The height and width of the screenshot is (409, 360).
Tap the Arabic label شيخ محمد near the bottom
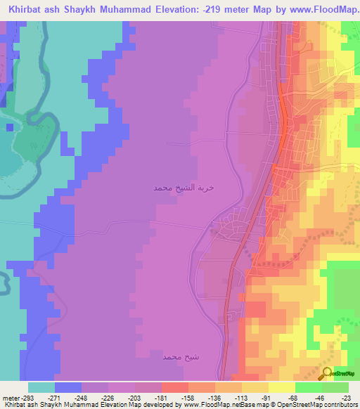click(172, 357)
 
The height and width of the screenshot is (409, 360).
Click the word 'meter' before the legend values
click(10, 397)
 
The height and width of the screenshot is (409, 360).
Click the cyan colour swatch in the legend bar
click(41, 387)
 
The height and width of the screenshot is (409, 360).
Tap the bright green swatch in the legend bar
click(308, 387)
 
